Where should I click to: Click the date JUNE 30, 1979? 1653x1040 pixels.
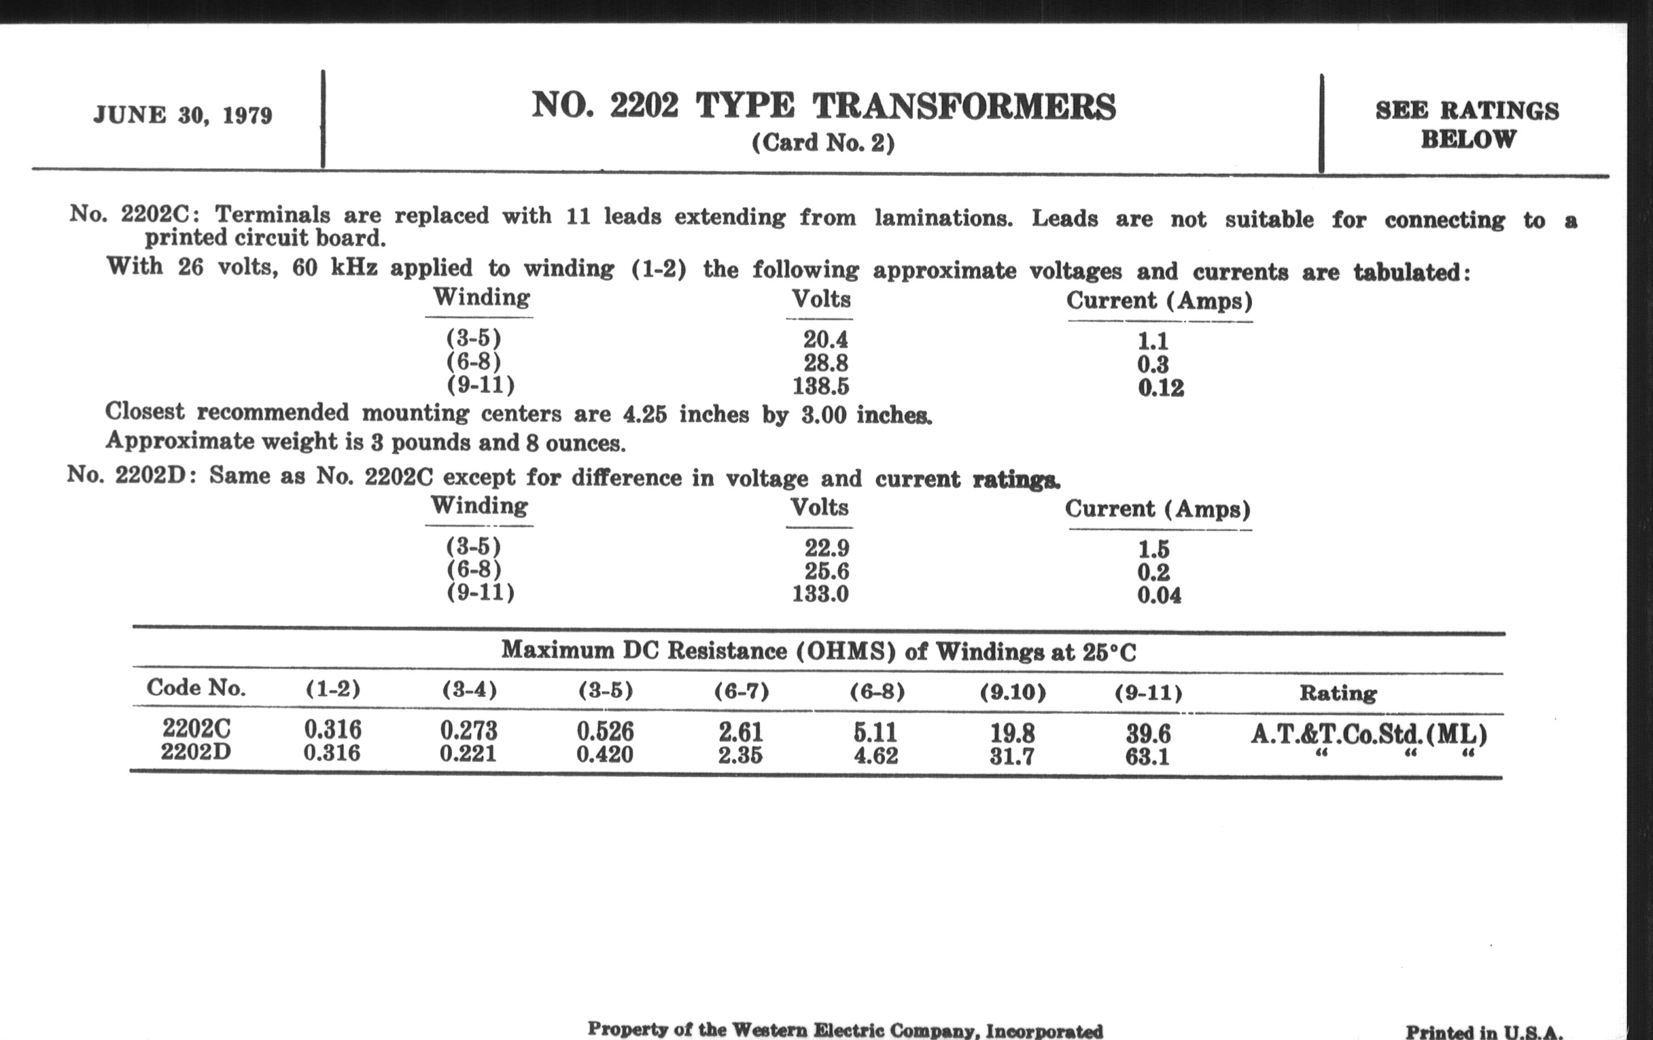(183, 116)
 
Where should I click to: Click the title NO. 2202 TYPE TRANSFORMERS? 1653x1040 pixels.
(823, 107)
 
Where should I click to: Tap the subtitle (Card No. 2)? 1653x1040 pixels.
(823, 143)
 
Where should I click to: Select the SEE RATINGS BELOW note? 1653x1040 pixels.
(1467, 125)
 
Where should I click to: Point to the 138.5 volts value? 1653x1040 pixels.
(820, 387)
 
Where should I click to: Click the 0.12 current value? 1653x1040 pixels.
(1160, 388)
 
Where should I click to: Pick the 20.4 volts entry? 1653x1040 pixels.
(825, 339)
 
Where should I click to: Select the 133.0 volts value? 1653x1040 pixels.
(820, 593)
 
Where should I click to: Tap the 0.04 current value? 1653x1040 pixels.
(1159, 595)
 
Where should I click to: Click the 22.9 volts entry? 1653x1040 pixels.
(826, 548)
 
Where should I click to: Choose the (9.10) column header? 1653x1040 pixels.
(1013, 692)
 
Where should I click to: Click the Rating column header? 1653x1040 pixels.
(1338, 693)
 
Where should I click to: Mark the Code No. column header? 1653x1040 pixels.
(196, 688)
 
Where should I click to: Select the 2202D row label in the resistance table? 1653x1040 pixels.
(196, 752)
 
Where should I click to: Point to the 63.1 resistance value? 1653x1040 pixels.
(1147, 757)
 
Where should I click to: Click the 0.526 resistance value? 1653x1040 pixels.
(605, 732)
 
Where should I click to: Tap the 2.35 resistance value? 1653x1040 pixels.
(740, 755)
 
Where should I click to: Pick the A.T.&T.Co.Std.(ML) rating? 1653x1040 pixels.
(1368, 735)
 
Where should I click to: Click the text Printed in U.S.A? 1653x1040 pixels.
(1484, 1032)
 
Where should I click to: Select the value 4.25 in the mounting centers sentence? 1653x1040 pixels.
(644, 415)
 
